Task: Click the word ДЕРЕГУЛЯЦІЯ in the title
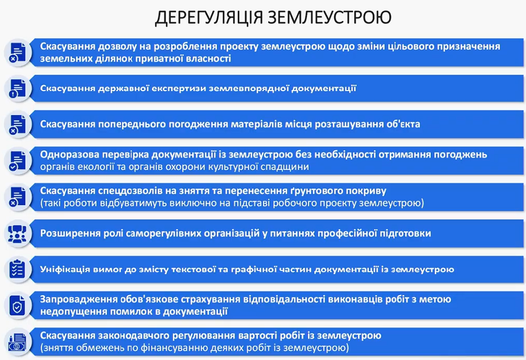pos(209,18)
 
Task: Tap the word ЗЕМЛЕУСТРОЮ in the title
pos(330,17)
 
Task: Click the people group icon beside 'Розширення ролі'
pos(17,234)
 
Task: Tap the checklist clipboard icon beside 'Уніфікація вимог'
pos(17,269)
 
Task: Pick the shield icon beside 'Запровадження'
pos(17,306)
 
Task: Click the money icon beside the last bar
pos(17,342)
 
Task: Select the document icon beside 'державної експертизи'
pos(17,89)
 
